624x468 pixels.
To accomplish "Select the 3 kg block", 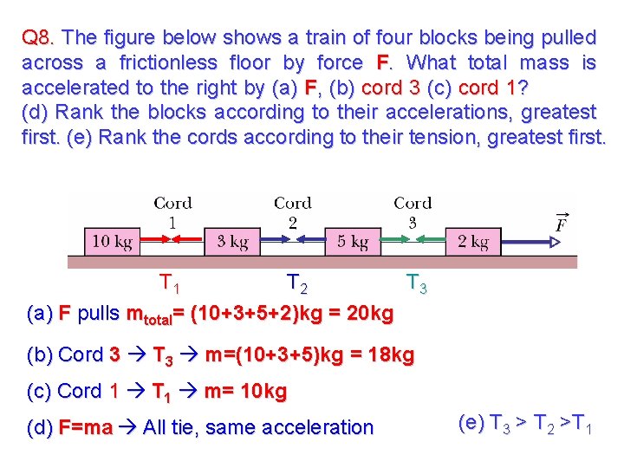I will point(233,242).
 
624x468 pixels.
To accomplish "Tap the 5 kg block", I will point(353,242).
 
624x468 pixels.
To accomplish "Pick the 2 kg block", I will point(472,242).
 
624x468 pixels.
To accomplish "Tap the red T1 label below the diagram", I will point(170,283).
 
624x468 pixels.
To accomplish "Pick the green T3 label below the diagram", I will point(417,283).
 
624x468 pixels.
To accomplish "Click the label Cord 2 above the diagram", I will point(293,212).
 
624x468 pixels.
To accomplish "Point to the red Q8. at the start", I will point(40,38).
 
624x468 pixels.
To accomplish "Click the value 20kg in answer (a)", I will point(369,312).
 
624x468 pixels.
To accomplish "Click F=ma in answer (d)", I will point(85,427).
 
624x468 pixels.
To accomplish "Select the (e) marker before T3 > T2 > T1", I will point(471,424).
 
